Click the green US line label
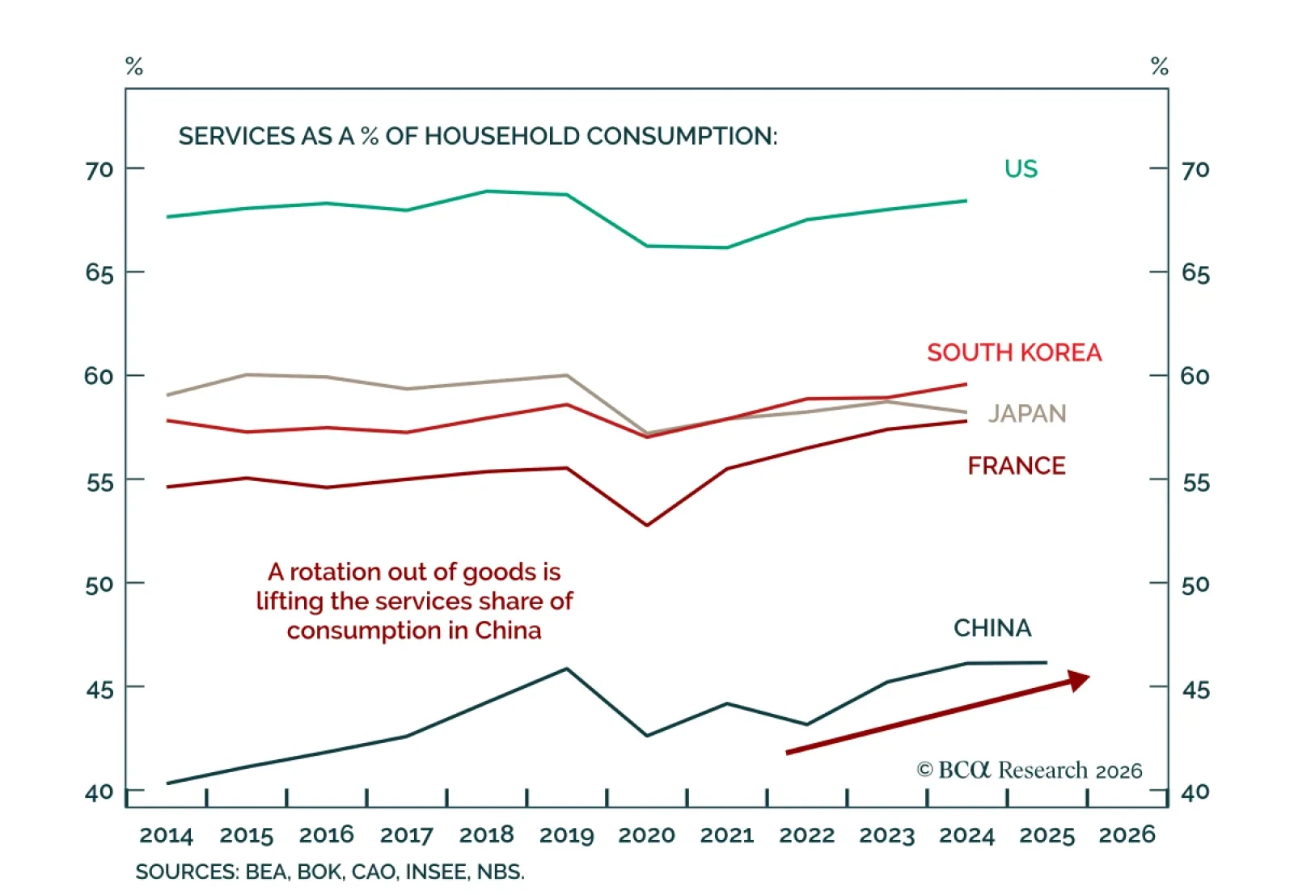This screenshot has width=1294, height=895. (1021, 168)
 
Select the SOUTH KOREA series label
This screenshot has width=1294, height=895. (1014, 353)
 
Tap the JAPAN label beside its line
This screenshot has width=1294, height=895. (1027, 414)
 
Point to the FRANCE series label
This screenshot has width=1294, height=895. (1017, 466)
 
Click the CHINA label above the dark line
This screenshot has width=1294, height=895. (992, 628)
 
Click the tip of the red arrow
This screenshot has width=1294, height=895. (1088, 676)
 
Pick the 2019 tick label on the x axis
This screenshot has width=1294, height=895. (566, 835)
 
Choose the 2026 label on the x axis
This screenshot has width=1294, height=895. (1127, 835)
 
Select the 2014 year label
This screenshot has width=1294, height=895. (166, 835)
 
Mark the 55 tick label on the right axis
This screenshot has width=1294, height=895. (1196, 483)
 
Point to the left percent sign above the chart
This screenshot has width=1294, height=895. (134, 66)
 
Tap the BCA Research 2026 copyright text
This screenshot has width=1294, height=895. (1030, 770)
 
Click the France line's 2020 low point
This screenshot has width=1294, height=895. (647, 526)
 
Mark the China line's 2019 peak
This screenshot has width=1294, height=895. (567, 669)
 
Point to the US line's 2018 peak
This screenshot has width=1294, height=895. (487, 191)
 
